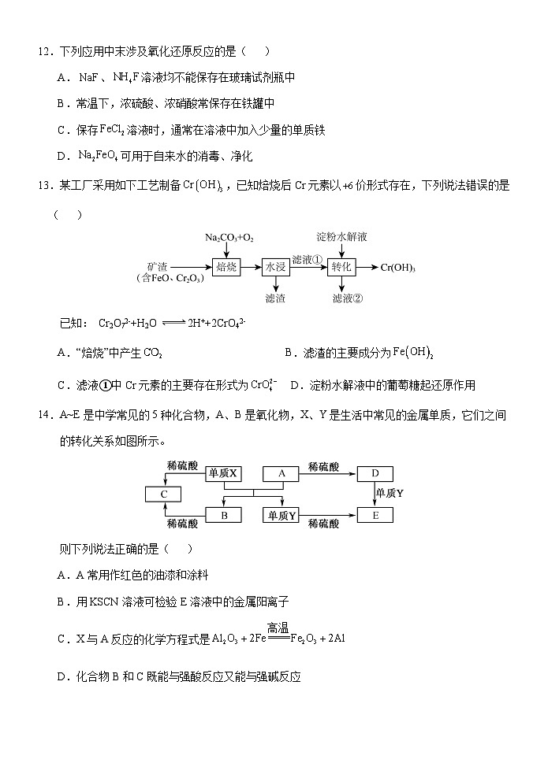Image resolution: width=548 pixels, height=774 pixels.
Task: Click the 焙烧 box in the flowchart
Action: pos(226,267)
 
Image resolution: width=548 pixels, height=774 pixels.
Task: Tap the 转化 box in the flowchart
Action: pos(341,267)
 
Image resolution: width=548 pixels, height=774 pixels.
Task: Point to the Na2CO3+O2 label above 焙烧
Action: pos(229,236)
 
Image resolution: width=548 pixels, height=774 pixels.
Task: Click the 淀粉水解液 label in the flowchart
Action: pos(342,236)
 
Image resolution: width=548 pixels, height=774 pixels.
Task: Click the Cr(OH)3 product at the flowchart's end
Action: pos(397,268)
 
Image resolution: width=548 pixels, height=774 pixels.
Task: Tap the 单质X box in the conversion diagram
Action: pos(223,473)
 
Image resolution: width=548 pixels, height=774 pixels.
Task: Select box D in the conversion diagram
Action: pos(375,473)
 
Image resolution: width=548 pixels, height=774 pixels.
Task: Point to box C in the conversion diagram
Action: pos(164,494)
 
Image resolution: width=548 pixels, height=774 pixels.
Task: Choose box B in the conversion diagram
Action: pos(223,516)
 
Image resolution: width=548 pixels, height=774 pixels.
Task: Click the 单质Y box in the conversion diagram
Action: pos(281,516)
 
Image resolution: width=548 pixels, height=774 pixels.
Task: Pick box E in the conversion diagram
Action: pos(375,516)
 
